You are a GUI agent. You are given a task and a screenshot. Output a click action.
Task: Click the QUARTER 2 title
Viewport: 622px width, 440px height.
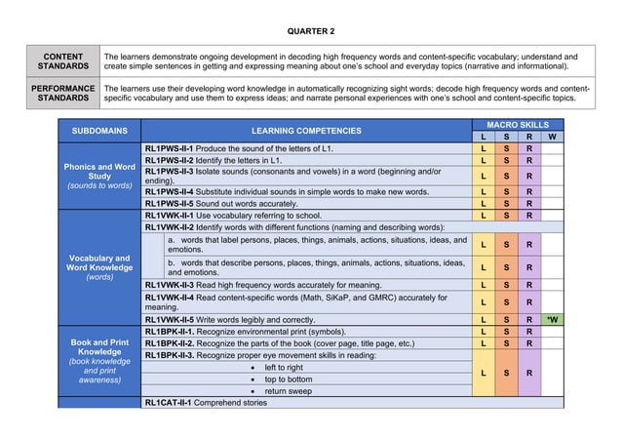310,31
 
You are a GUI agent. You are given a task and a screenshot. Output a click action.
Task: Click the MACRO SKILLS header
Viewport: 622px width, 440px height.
517,125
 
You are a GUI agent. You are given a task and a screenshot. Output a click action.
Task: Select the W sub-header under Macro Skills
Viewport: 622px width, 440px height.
552,137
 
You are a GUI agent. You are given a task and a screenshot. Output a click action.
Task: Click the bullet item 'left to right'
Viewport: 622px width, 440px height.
288,368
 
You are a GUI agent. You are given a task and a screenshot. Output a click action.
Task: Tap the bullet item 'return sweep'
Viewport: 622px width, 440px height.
288,391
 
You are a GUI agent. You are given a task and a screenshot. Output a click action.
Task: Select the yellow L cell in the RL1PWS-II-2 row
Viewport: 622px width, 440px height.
484,159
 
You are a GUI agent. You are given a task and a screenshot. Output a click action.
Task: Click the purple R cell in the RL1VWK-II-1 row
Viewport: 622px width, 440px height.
527,216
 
